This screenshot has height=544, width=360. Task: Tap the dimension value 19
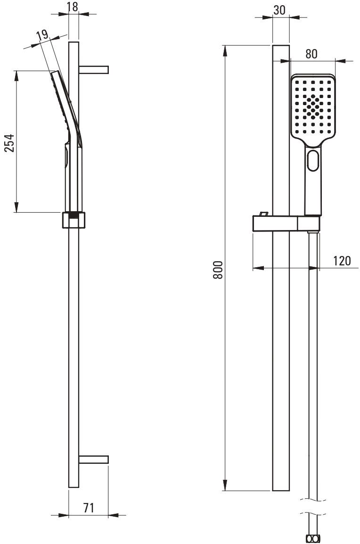point(41,34)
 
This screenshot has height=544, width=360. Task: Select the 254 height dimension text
point(9,142)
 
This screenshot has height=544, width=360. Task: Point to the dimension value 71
point(88,508)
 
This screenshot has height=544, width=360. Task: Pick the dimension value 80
point(311,53)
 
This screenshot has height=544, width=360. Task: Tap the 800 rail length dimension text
point(217,270)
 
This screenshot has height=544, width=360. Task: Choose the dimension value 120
point(342,261)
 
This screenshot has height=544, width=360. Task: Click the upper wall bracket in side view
point(94,70)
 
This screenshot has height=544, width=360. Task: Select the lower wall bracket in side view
point(94,459)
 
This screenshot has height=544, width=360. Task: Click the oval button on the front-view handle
point(313,160)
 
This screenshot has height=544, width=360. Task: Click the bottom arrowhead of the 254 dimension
point(17,207)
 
